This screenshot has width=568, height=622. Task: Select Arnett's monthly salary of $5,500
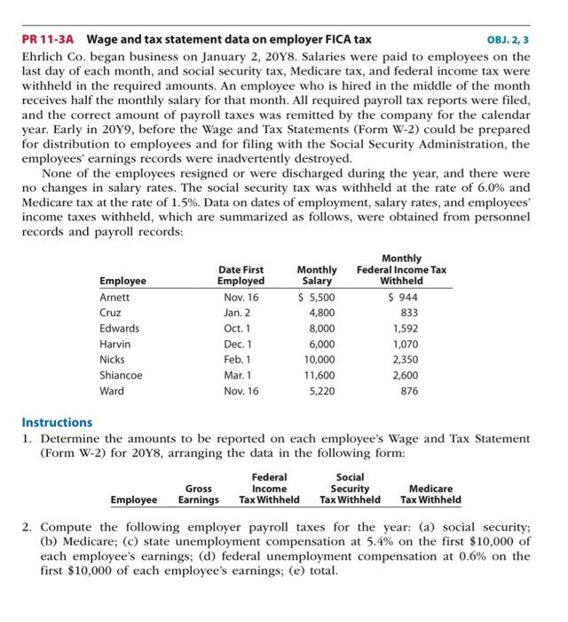point(319,298)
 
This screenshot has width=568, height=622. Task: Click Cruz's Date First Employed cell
point(240,313)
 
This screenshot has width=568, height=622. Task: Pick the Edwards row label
point(119,329)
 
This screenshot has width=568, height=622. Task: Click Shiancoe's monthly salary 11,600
point(319,376)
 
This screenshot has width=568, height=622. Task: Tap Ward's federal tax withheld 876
point(407,392)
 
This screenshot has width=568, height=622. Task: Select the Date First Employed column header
point(240,275)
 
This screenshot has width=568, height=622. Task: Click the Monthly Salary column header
point(318,275)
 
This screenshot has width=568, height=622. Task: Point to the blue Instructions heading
point(56,423)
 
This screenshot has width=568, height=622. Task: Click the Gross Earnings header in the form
point(198,494)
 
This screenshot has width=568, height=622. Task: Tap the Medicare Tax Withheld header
point(430,494)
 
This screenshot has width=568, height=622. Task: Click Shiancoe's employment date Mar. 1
point(240,376)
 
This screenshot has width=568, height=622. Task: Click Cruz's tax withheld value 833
point(407,313)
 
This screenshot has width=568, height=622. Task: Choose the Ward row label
point(112,392)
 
